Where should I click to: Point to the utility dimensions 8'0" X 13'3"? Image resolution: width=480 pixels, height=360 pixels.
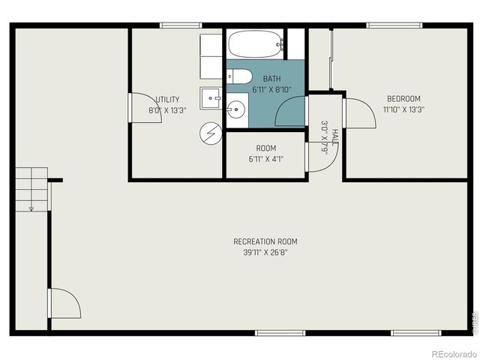tap(166, 109)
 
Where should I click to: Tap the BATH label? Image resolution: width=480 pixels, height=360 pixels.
tap(271, 78)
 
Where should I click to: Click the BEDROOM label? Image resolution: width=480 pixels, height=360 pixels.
tap(403, 98)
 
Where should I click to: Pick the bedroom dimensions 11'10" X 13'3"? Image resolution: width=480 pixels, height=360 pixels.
tap(403, 109)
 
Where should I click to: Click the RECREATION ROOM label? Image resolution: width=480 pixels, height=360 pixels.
tap(265, 241)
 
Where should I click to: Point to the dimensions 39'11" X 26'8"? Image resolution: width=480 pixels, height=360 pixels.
tap(265, 252)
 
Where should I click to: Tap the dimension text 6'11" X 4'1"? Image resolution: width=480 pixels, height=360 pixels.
tap(265, 159)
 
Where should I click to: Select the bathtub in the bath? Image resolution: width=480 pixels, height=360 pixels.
tap(255, 45)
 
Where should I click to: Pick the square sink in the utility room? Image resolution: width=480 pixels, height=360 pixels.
tap(210, 97)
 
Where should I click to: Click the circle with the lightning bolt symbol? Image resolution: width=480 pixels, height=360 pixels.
tap(209, 133)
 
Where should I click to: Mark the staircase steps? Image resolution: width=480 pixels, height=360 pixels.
tap(31, 186)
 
